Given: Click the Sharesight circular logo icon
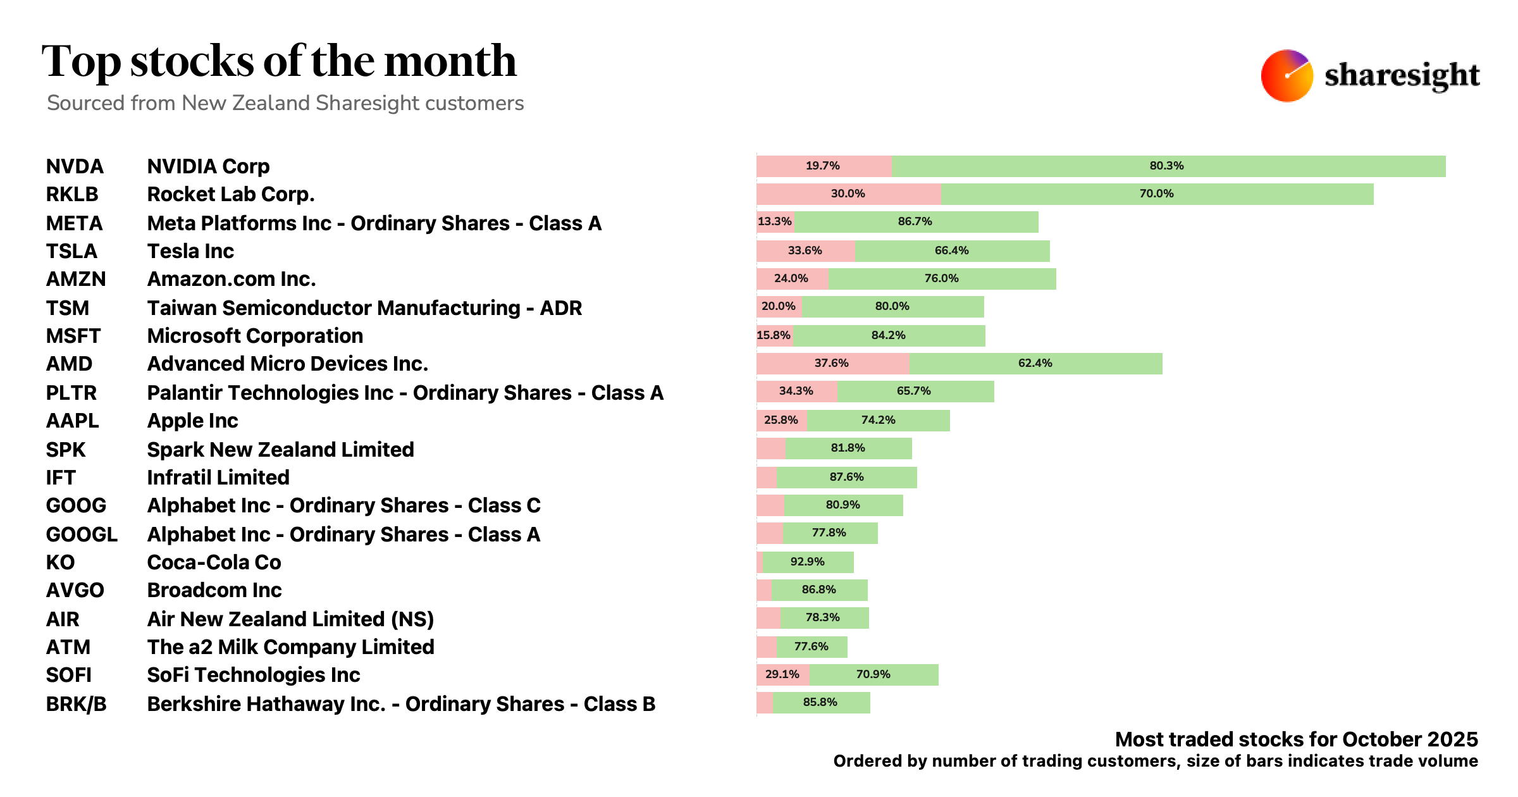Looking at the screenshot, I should (1287, 76).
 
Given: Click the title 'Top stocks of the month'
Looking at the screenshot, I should (279, 61).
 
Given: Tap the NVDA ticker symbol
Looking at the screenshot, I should (75, 166).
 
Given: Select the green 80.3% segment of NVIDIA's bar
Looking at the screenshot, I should (1168, 166).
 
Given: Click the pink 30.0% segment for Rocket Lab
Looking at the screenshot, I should (848, 194).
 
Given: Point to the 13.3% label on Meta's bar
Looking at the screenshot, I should (775, 222).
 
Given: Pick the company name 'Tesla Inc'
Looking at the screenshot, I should (190, 251).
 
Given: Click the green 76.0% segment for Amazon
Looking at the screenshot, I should (942, 279).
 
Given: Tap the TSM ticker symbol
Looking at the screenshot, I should (68, 308).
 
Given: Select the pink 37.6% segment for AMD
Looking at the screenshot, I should (832, 364).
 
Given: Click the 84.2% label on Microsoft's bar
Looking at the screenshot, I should (889, 336).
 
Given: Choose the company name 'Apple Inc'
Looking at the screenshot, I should (192, 421).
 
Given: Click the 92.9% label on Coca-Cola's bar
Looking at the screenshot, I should (808, 562).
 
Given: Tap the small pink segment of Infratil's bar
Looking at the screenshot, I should (766, 478).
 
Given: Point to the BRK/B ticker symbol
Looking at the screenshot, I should (76, 704).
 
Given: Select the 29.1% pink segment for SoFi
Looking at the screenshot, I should (782, 675).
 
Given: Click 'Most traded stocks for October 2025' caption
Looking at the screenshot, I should (1296, 739).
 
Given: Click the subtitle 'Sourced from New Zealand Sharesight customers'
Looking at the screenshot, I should (285, 103).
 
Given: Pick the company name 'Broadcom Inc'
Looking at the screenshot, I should (214, 590).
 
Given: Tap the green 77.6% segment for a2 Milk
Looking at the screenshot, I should (811, 647).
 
